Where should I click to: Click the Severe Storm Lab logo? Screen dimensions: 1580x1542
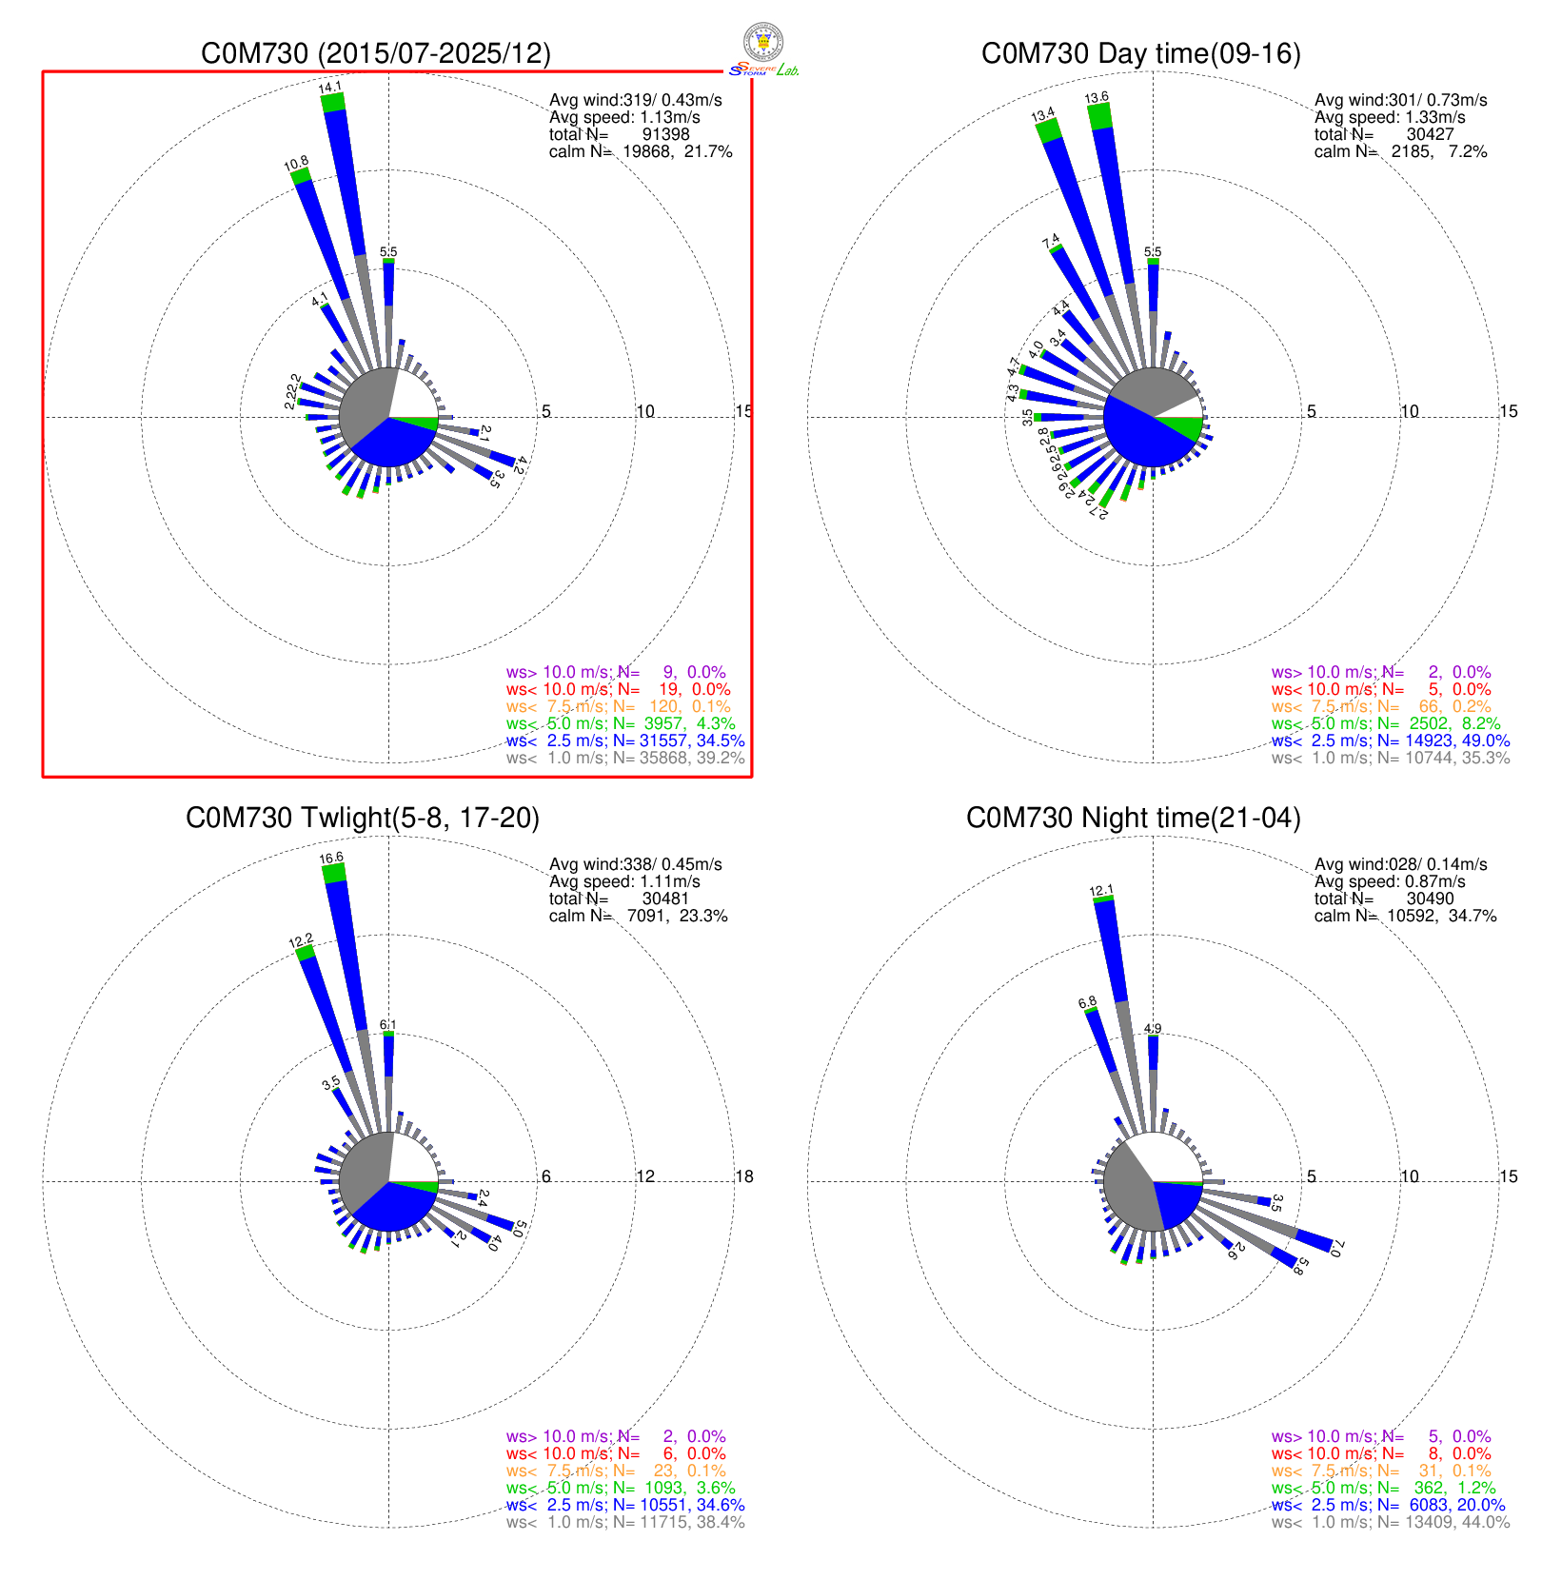click(x=763, y=49)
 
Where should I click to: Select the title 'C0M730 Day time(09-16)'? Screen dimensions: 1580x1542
click(x=1140, y=53)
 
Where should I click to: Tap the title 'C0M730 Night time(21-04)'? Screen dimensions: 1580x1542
click(x=1133, y=818)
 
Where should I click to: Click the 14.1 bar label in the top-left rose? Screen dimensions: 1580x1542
click(x=330, y=88)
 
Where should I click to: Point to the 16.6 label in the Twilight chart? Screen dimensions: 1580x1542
click(x=331, y=859)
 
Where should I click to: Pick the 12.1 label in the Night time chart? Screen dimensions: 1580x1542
click(x=1101, y=892)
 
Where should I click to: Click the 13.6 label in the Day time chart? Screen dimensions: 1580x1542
click(x=1097, y=97)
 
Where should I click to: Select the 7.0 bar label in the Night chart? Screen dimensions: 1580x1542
click(x=1337, y=1248)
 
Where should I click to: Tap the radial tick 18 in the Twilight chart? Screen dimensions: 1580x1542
click(x=743, y=1176)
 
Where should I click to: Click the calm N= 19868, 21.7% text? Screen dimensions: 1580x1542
click(x=641, y=151)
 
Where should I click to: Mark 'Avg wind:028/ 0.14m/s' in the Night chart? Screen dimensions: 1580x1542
click(x=1400, y=864)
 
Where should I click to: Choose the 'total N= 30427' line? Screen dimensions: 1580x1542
click(x=1384, y=134)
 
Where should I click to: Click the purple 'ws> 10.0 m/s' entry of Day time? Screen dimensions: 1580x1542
click(x=1380, y=672)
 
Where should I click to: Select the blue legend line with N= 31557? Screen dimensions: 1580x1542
click(x=625, y=741)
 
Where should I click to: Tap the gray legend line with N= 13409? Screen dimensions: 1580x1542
click(x=1390, y=1522)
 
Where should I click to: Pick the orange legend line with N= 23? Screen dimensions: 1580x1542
click(x=618, y=1471)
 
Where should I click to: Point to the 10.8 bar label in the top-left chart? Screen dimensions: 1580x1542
click(x=296, y=164)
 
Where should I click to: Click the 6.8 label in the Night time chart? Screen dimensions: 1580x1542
click(x=1087, y=1002)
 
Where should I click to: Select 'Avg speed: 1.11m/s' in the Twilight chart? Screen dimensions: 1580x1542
click(x=624, y=881)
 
